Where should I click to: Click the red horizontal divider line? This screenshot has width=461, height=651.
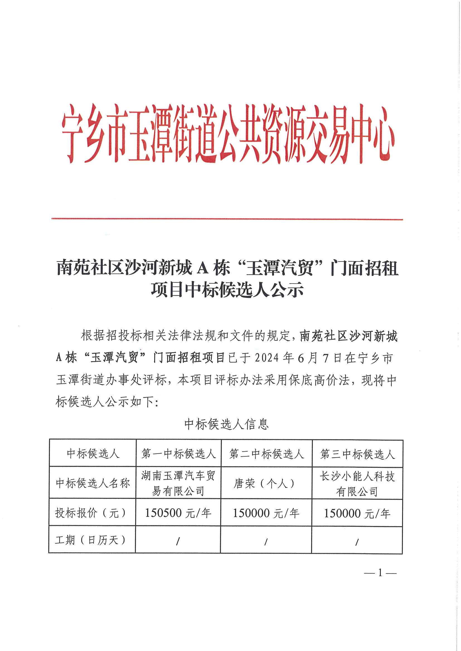(227, 219)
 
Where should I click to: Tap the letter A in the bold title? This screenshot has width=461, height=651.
(202, 268)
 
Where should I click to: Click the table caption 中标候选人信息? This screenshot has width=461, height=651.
(227, 424)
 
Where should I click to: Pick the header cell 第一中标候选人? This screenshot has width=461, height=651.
(179, 454)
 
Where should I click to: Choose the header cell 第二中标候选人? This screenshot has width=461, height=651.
(266, 454)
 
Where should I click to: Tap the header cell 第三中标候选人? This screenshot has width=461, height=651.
(357, 454)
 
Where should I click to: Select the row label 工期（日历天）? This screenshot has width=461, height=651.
(91, 540)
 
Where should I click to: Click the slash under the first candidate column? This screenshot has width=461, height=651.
(178, 542)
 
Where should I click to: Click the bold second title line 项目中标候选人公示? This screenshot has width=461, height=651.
(227, 290)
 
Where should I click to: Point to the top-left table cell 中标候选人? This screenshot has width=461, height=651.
(93, 454)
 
